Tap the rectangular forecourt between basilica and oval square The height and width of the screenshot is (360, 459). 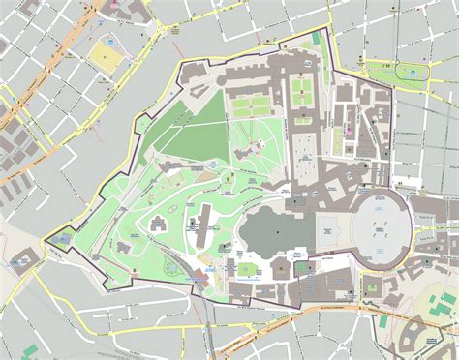point(327,227)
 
